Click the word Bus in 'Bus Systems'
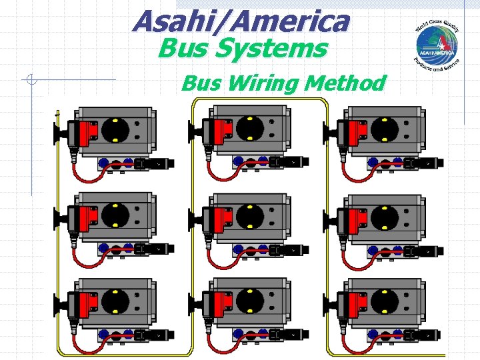pyautogui.click(x=179, y=49)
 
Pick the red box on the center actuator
pyautogui.click(x=217, y=217)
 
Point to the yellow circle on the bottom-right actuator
pyautogui.click(x=385, y=302)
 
